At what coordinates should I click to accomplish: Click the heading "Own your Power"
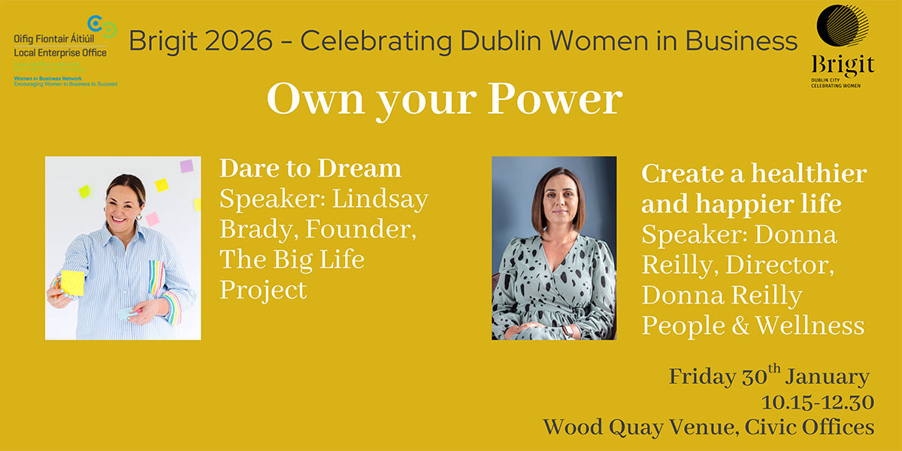coord(444,100)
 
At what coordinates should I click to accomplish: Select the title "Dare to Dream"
coord(310,168)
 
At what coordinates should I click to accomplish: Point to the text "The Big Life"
coord(292,260)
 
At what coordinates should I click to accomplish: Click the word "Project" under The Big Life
coord(263,290)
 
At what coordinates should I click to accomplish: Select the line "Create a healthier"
coord(754,174)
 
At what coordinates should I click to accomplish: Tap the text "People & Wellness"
coord(753,325)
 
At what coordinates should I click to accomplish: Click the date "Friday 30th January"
coord(769,376)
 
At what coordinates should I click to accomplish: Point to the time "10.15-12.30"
coord(817,402)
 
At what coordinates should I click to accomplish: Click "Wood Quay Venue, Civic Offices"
coord(709,427)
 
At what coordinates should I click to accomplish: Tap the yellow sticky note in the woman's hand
coord(73,283)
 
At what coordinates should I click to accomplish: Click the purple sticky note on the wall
coord(186,166)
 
